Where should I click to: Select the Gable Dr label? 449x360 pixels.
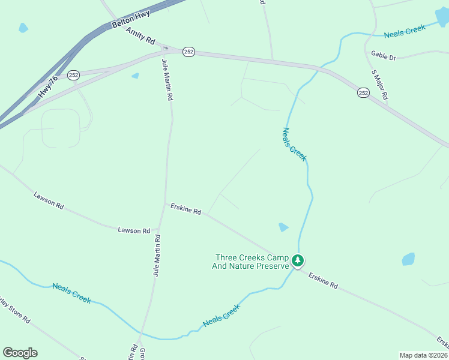pos(384,56)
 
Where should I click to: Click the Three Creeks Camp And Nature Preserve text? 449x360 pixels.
pos(252,262)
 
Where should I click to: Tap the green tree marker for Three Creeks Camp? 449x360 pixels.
pos(298,260)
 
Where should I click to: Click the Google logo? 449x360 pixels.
pos(20,353)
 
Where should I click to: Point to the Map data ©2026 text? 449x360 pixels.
pos(424,355)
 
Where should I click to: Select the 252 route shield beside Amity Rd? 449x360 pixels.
pos(189,52)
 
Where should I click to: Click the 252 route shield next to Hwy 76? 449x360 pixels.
pos(74,75)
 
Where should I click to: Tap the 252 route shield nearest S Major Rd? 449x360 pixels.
pos(363,92)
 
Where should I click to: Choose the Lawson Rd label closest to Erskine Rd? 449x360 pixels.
pos(134,230)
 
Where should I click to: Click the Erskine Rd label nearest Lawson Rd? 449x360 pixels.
pos(185,209)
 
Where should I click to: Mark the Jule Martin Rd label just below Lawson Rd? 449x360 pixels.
pos(157,255)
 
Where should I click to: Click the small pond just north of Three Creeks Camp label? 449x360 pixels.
pos(283,227)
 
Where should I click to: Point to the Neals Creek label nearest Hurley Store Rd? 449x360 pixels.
pos(71,293)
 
